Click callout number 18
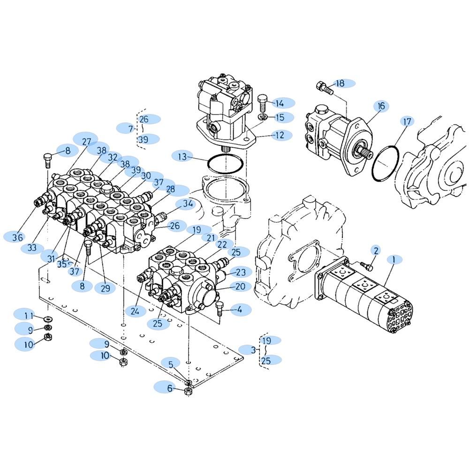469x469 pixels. [340, 83]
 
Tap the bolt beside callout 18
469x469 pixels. [324, 87]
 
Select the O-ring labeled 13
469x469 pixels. [225, 163]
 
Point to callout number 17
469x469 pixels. [407, 121]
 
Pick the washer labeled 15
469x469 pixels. [262, 117]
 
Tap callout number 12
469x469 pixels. [280, 135]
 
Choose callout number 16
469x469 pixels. [381, 106]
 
